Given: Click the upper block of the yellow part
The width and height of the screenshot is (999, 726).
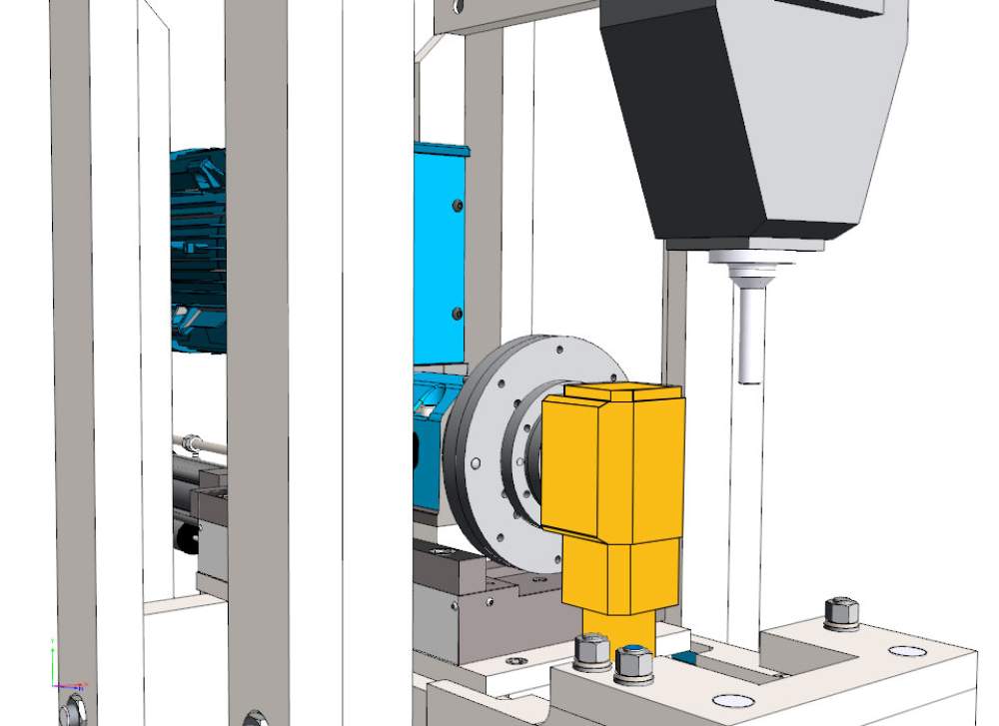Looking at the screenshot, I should coord(611,464).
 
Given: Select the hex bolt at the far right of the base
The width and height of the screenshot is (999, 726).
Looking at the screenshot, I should coord(841,610).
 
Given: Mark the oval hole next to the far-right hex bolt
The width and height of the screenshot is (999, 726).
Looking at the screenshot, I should coord(907,651).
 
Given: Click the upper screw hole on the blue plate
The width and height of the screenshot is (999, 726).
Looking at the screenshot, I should coord(458,205).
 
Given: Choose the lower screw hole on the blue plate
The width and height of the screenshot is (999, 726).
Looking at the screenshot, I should coord(458,314).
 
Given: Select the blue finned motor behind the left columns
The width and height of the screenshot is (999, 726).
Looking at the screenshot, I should coord(198,250).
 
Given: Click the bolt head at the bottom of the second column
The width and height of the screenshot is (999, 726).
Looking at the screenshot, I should coord(255,718).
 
